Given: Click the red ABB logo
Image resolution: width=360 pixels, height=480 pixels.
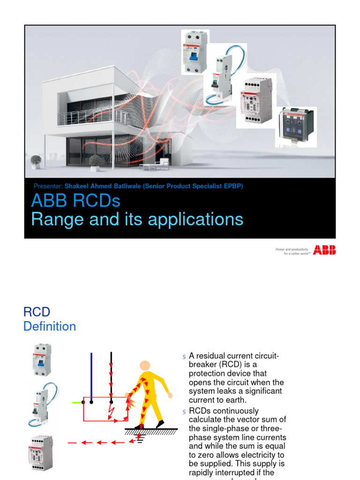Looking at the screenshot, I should [x=324, y=250].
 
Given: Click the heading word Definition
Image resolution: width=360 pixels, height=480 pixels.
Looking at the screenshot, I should [x=50, y=326].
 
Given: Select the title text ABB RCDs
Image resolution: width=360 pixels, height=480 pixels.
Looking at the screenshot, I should [x=75, y=201].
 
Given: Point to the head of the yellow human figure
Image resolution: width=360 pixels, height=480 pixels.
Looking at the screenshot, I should [x=145, y=366].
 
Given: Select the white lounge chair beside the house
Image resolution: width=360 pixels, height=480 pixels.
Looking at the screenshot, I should [x=162, y=164].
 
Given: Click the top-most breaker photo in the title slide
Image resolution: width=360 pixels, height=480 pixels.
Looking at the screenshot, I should [x=195, y=52].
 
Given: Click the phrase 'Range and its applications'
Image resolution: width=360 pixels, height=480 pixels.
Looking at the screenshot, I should [x=137, y=219].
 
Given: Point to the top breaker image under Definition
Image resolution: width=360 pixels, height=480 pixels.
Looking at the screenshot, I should [x=42, y=360].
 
